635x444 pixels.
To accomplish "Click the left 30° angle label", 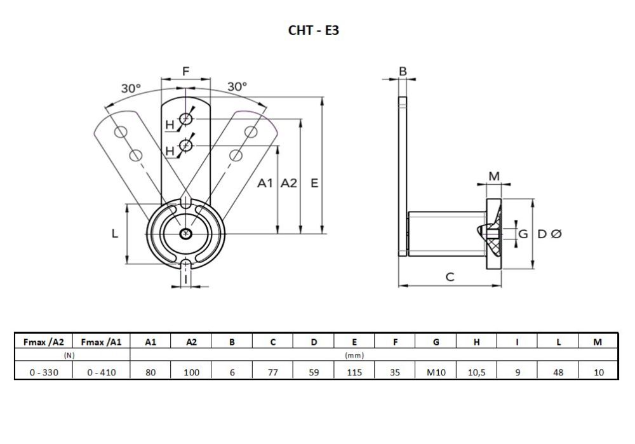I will click(131, 89).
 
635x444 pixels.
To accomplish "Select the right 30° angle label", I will click(237, 86).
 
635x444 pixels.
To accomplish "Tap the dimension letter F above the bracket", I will click(185, 72).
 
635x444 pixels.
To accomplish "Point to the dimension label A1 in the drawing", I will click(265, 184).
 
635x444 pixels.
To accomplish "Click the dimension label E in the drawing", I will click(314, 184).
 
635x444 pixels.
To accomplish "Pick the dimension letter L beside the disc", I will click(115, 234).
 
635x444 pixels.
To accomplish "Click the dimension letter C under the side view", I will click(450, 277).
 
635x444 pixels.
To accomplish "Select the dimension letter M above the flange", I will click(494, 176).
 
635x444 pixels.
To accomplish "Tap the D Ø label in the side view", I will click(549, 234).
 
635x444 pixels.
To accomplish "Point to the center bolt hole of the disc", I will click(185, 234).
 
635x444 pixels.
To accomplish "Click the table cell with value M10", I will click(436, 372).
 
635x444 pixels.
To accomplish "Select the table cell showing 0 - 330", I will click(44, 372).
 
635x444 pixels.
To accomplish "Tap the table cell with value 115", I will click(354, 372).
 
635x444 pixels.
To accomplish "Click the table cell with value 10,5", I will click(476, 372).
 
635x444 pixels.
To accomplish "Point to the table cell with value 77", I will click(273, 372).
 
